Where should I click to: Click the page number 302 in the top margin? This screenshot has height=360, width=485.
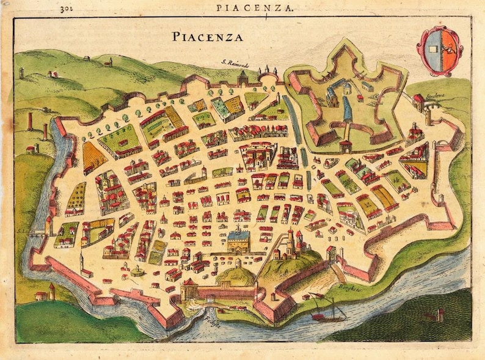(67, 9)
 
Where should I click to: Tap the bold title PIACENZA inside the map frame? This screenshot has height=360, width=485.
(207, 37)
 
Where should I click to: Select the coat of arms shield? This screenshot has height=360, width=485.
(439, 51)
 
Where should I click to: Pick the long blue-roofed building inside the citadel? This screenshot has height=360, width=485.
(348, 109)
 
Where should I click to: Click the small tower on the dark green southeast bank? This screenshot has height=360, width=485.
(439, 315)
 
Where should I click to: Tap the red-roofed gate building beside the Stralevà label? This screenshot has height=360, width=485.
(418, 101)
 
